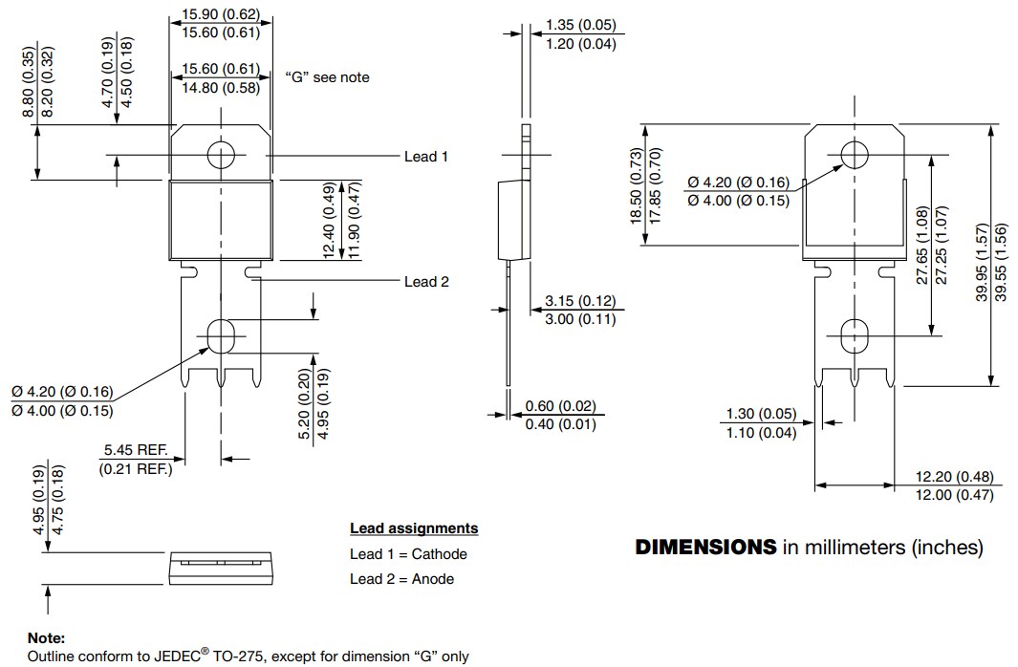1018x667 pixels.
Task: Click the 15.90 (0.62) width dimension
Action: point(221,14)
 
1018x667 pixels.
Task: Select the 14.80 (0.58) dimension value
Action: point(221,89)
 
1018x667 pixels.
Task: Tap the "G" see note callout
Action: point(327,77)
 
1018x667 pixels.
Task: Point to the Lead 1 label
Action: point(426,156)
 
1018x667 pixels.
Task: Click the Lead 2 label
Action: point(426,281)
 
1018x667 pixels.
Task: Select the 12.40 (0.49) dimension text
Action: point(328,220)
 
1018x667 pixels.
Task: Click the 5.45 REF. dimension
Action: point(136,449)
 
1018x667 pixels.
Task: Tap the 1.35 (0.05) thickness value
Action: point(580,25)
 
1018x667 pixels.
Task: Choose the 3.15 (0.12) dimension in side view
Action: point(580,301)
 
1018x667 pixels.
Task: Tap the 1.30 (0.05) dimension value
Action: point(761,414)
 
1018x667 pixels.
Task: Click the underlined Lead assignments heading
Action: point(413,528)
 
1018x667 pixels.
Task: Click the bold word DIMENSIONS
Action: point(705,548)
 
